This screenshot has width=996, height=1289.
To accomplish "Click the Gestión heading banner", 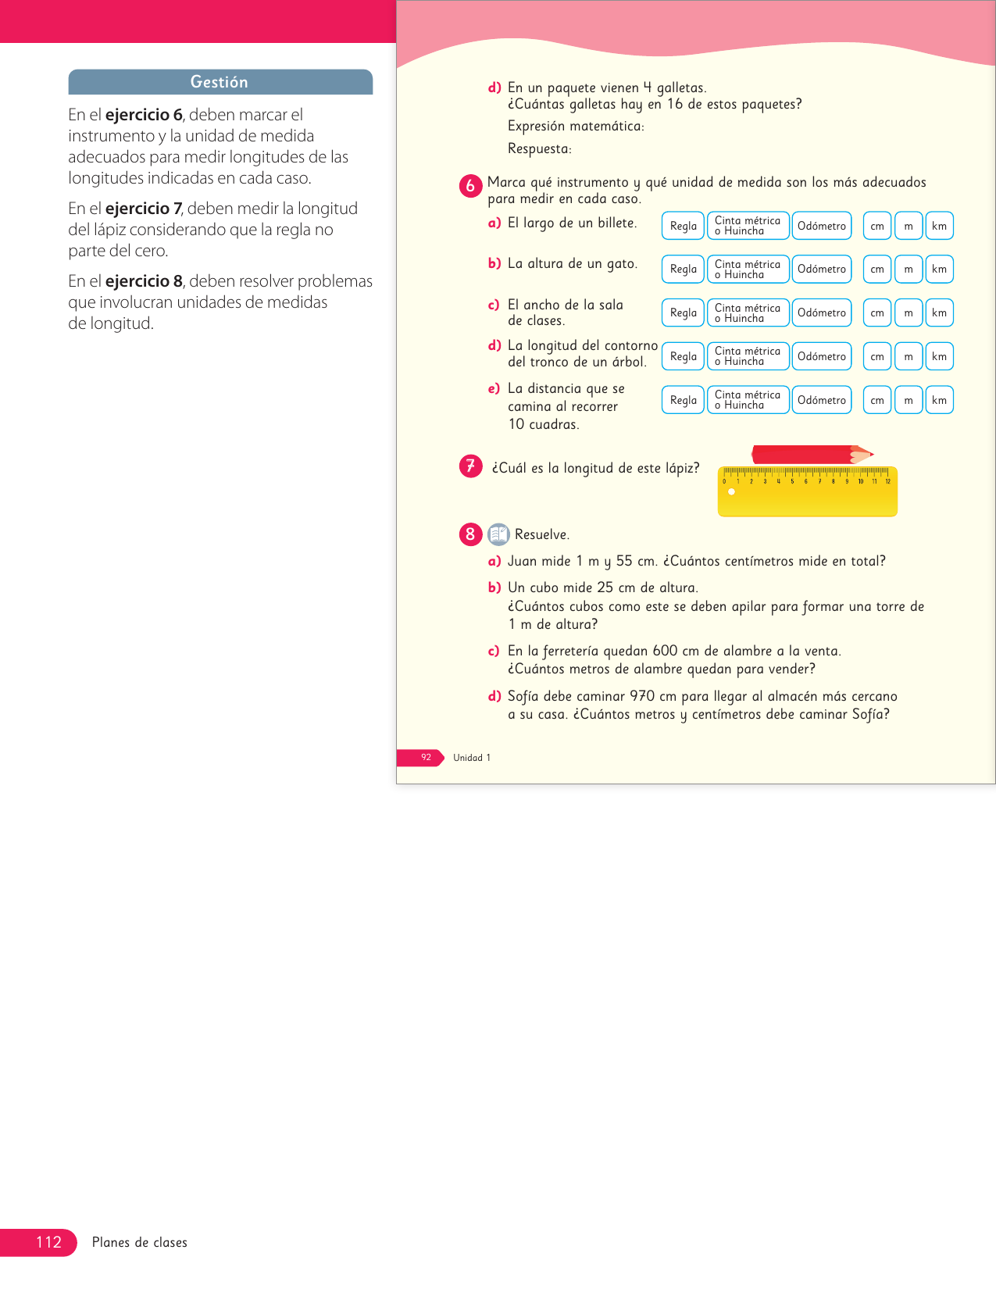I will [220, 82].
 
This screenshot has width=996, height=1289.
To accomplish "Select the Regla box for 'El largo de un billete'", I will [683, 226].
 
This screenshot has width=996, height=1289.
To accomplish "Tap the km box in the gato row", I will [939, 269].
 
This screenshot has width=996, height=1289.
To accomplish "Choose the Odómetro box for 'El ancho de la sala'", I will [821, 312].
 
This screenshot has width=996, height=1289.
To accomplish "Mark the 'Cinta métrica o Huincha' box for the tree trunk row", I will [748, 356].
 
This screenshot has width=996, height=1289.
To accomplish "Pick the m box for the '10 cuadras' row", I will [908, 400].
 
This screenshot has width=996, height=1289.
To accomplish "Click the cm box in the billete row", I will [877, 226].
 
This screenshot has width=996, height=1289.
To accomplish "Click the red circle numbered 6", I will [470, 186].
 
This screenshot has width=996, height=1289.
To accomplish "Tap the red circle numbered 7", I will [470, 467].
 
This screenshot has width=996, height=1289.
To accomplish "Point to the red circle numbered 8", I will [470, 534].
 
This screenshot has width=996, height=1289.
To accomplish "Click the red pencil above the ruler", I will [809, 455].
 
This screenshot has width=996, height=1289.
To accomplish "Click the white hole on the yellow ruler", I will [731, 492].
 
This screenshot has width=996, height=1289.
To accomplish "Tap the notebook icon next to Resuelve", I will [498, 534].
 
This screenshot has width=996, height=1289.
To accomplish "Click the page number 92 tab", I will [425, 758].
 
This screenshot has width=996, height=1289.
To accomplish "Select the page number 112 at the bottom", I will [48, 1242].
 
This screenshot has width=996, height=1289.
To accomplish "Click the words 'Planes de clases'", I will [140, 1242].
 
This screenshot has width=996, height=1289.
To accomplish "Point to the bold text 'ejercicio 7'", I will [143, 209].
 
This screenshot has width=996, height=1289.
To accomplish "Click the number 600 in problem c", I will [665, 651].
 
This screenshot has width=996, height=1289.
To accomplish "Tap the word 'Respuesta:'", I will [539, 148].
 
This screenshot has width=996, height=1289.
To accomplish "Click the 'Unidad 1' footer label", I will [472, 758].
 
